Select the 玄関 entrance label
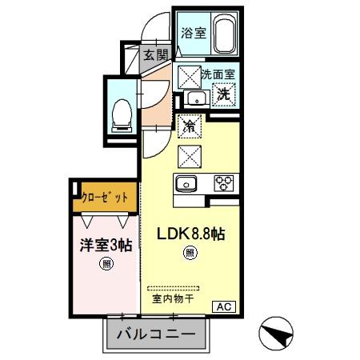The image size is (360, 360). pyautogui.click(x=155, y=55)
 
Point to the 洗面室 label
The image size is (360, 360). pyautogui.click(x=216, y=74)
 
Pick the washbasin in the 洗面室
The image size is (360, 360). pyautogui.click(x=197, y=98)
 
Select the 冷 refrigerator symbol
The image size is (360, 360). pyautogui.click(x=190, y=126)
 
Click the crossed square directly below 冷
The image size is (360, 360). pyautogui.click(x=190, y=154)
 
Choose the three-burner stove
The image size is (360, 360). pyautogui.click(x=222, y=183)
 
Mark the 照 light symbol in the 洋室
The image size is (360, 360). pyautogui.click(x=104, y=265)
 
